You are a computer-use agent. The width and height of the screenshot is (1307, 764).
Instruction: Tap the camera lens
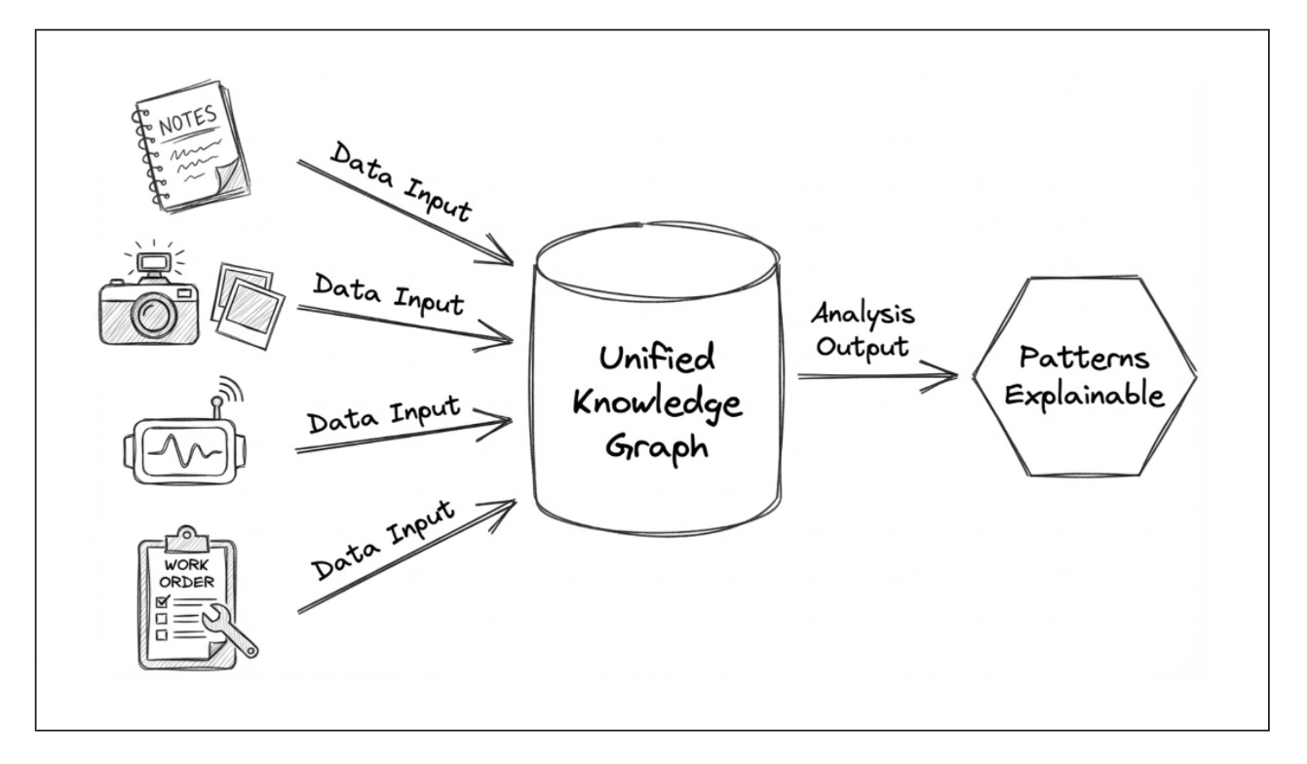[152, 313]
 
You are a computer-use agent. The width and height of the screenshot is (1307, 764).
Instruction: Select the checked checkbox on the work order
[162, 603]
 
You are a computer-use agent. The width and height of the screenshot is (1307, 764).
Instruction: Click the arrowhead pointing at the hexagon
[950, 375]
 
